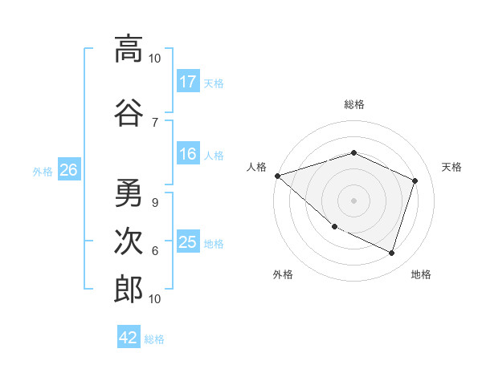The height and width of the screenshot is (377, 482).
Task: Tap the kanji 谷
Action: click(x=128, y=111)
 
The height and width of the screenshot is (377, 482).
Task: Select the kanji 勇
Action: click(x=128, y=192)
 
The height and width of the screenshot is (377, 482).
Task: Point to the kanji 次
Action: click(x=128, y=241)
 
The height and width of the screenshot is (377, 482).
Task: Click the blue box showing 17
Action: click(x=188, y=82)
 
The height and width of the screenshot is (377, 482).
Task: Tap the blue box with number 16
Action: click(x=188, y=155)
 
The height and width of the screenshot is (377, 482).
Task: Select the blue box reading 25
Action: click(x=188, y=243)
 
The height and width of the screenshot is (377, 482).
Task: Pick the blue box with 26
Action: click(x=69, y=170)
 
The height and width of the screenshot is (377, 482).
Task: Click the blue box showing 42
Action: click(x=129, y=338)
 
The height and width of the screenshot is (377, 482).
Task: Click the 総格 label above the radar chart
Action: click(x=354, y=104)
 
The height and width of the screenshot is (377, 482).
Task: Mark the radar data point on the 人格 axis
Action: click(x=277, y=175)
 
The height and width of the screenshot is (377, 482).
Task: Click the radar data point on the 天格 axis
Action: click(x=415, y=180)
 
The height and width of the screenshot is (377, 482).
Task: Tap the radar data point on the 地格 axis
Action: click(x=391, y=253)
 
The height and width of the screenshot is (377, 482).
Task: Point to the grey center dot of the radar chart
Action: click(x=354, y=200)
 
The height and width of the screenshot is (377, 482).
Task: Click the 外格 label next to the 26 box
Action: click(x=43, y=171)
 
